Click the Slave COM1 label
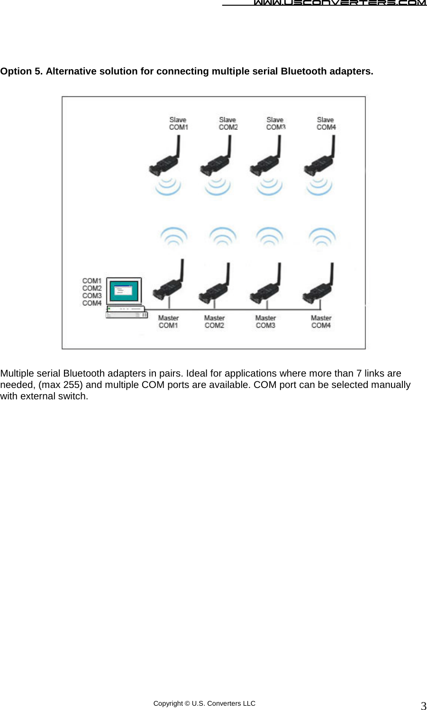[x=178, y=123]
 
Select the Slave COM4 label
[x=326, y=123]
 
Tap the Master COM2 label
[x=214, y=322]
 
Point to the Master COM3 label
[x=265, y=322]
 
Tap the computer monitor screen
[x=124, y=290]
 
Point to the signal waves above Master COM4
[x=322, y=236]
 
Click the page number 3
[x=423, y=705]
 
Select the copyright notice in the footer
[x=204, y=703]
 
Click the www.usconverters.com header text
[x=339, y=3]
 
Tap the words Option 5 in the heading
[x=21, y=71]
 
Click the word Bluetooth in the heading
[x=304, y=71]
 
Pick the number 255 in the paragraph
[x=73, y=385]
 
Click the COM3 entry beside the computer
[x=91, y=295]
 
